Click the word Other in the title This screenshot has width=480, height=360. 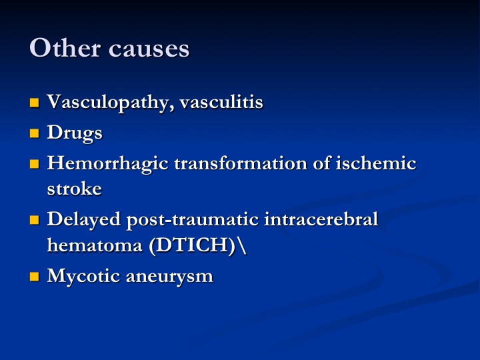(65, 48)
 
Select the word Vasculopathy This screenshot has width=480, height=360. (109, 103)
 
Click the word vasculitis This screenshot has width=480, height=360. (221, 101)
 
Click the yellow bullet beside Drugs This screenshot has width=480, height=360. (35, 133)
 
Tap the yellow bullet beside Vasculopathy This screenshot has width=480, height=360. (35, 103)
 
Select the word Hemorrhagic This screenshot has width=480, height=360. (108, 164)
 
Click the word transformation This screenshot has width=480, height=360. (241, 163)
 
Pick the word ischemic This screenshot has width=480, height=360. (376, 163)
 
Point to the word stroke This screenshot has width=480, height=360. (75, 189)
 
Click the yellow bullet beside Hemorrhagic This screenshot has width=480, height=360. (35, 164)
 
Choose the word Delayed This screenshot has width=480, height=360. (84, 220)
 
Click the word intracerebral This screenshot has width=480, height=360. (321, 219)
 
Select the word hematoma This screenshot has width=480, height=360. (95, 245)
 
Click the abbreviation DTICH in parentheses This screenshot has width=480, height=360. (192, 245)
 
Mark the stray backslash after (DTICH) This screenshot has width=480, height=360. (241, 245)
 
